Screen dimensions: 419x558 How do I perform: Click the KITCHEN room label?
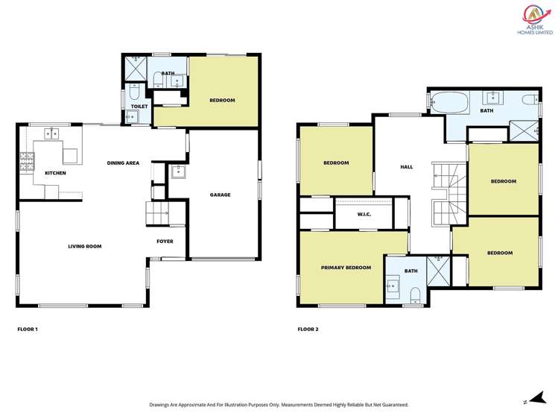click(x=55, y=173)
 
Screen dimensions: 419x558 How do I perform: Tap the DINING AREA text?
click(x=123, y=163)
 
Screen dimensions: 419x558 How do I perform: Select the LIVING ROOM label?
click(x=84, y=246)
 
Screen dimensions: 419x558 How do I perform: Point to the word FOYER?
click(x=165, y=242)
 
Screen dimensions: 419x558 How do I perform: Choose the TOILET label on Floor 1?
click(x=139, y=107)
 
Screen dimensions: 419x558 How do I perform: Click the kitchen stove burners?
click(x=27, y=160)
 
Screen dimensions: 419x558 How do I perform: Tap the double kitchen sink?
click(x=52, y=134)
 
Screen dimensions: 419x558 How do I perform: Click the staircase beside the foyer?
click(x=157, y=212)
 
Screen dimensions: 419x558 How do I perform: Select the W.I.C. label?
click(x=364, y=215)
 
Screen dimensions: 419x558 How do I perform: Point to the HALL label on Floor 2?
click(x=406, y=167)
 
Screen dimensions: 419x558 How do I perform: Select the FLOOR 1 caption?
click(x=28, y=329)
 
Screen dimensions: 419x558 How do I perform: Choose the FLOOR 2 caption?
click(x=308, y=329)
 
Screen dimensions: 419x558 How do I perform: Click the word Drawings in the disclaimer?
click(x=162, y=405)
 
